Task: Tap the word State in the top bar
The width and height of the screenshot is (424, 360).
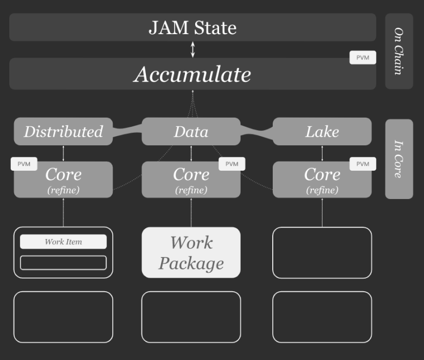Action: [215, 28]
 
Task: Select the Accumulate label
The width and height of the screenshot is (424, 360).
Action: [192, 74]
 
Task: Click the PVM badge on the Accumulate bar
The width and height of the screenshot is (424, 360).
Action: [363, 57]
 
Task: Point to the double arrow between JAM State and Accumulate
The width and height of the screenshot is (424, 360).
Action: [193, 49]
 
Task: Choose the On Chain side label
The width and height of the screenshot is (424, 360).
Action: [399, 51]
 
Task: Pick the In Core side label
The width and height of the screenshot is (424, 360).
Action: [399, 159]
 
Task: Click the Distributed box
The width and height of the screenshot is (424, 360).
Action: [63, 131]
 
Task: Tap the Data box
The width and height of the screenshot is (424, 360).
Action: [191, 131]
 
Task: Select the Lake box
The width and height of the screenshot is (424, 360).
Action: [322, 131]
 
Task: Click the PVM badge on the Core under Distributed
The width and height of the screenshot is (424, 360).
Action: [24, 164]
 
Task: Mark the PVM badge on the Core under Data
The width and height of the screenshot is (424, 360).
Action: [232, 164]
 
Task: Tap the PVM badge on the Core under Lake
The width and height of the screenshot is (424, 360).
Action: [363, 164]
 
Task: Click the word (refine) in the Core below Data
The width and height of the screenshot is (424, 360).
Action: [191, 190]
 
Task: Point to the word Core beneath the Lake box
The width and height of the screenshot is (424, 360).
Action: [322, 174]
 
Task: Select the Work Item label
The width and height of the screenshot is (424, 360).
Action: [63, 241]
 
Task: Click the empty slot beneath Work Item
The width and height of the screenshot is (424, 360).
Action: [63, 262]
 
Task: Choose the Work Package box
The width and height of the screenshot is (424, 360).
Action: [191, 253]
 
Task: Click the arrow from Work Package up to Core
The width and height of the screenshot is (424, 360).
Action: [191, 213]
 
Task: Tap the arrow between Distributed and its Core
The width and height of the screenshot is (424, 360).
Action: [63, 153]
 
